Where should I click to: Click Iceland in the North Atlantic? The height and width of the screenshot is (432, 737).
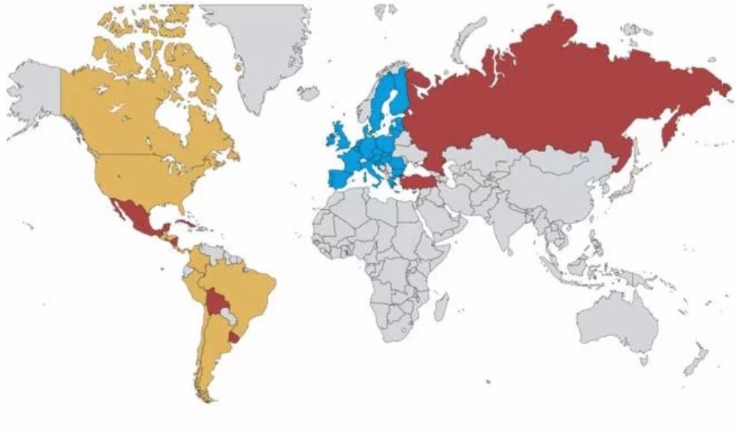(309, 94)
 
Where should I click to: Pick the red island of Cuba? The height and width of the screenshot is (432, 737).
(182, 225)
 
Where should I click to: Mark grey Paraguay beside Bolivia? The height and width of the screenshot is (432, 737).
(227, 315)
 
